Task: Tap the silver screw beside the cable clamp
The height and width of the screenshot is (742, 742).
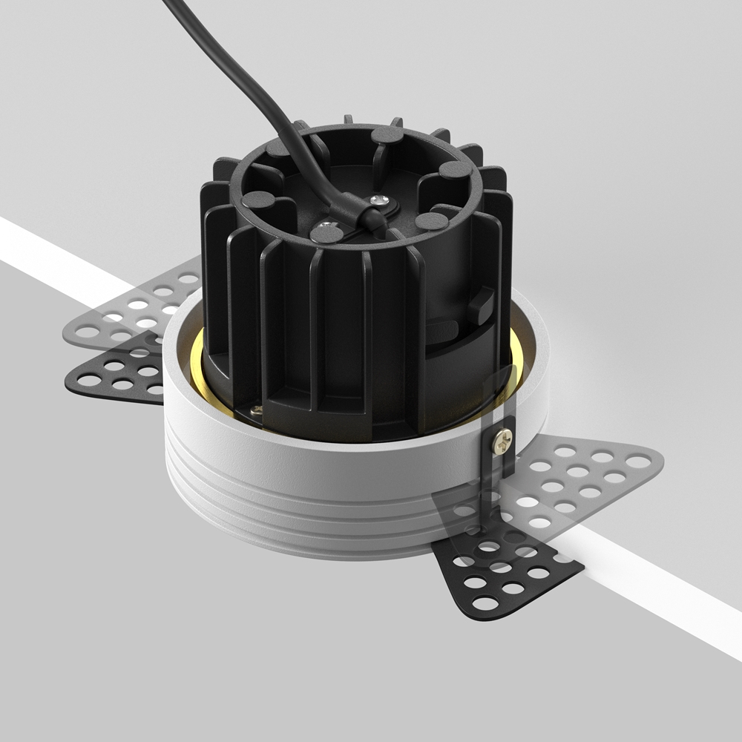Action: (381, 199)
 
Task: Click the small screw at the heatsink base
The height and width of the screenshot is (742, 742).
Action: (256, 410)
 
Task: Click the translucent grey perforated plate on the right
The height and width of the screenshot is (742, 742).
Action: (586, 475)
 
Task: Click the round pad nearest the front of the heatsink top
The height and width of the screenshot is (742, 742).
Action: (326, 234)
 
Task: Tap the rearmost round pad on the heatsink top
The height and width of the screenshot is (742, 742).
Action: (387, 134)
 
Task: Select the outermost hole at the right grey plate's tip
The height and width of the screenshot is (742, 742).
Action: (638, 462)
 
